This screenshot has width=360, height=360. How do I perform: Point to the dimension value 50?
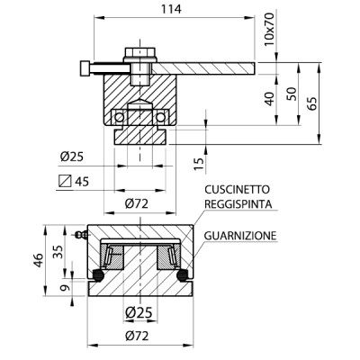pyautogui.click(x=290, y=94)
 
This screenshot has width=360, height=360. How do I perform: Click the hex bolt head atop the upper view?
pyautogui.click(x=139, y=53)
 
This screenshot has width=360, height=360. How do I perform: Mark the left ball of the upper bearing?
pyautogui.click(x=119, y=117)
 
